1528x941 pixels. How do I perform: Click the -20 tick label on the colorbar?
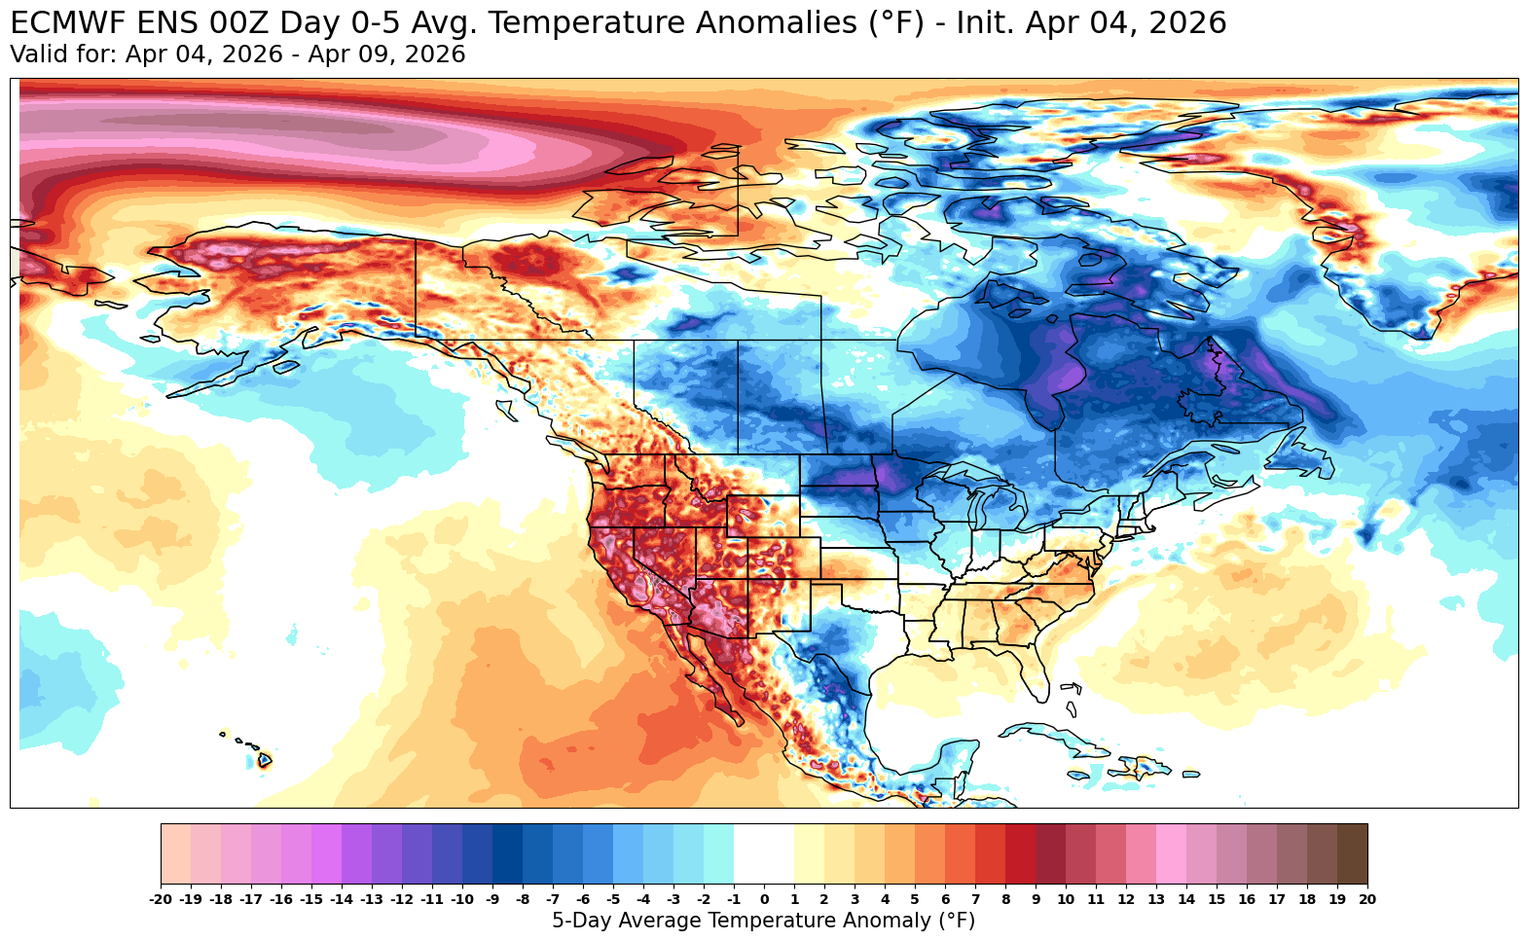click(x=161, y=900)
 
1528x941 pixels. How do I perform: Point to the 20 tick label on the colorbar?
click(x=1366, y=900)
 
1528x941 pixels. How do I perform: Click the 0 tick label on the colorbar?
click(x=764, y=900)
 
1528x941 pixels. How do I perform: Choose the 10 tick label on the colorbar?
click(x=1066, y=900)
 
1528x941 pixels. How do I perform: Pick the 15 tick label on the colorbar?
click(x=1217, y=900)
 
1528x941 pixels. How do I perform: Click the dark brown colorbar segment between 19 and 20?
click(x=1352, y=853)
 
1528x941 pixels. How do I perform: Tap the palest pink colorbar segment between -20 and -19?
click(x=176, y=853)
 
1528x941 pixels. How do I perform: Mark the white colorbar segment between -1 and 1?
click(x=764, y=853)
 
